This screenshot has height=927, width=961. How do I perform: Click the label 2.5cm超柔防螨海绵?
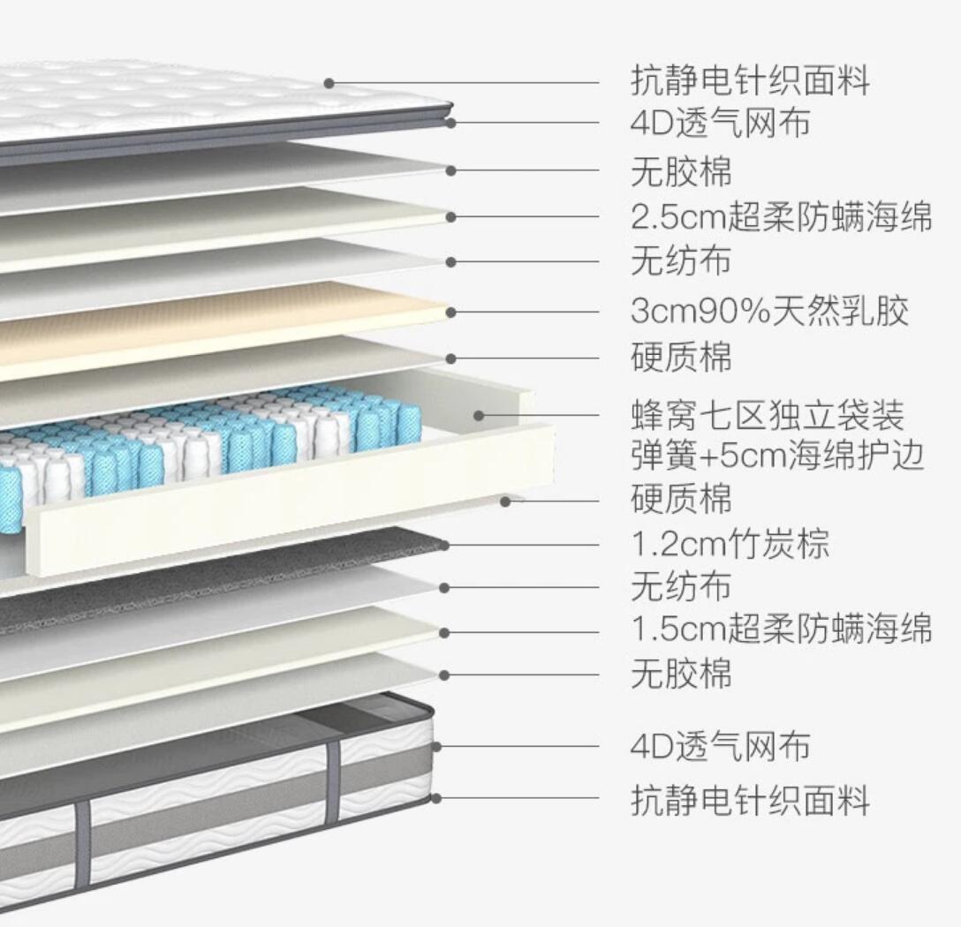tap(781, 216)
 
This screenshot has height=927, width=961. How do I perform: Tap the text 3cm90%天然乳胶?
tap(769, 311)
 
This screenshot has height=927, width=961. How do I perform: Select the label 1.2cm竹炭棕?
tap(730, 544)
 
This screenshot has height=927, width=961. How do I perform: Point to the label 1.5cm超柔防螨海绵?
tap(781, 629)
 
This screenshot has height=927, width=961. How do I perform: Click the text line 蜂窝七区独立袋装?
tap(767, 414)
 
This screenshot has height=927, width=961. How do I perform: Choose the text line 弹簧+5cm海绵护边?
tap(777, 456)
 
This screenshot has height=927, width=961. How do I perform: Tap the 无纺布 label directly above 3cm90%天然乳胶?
tap(681, 261)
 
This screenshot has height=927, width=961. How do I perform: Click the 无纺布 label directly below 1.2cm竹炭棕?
tap(681, 586)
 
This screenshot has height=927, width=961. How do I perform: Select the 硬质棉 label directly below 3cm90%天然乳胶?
tap(681, 358)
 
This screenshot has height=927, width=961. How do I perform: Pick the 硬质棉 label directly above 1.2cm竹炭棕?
tap(681, 498)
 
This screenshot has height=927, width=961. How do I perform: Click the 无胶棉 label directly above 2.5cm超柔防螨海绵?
tap(681, 170)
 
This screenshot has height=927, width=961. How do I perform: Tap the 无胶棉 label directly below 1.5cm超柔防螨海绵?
tap(681, 675)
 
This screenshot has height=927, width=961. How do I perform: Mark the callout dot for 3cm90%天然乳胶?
tap(451, 312)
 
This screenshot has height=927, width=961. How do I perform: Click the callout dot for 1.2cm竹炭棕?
tap(443, 545)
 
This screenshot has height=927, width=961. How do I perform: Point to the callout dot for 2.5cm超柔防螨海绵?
tap(451, 216)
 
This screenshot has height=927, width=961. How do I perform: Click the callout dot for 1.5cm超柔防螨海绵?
tap(444, 632)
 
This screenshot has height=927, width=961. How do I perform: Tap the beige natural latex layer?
tap(221, 331)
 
